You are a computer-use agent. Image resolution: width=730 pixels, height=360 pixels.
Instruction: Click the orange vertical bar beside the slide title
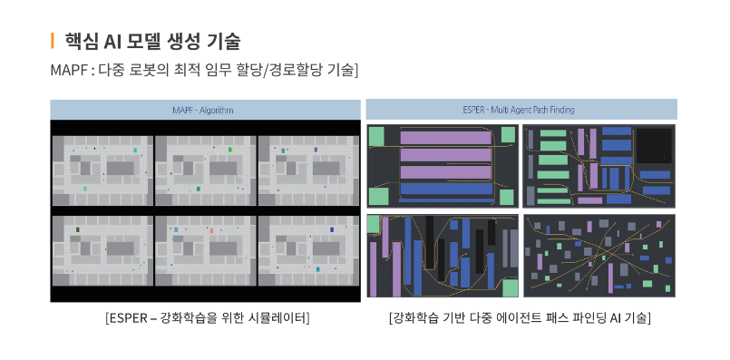53,40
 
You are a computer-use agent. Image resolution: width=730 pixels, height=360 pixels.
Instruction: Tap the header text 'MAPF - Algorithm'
202,110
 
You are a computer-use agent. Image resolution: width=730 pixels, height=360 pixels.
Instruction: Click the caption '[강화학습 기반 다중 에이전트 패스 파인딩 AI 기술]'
520,318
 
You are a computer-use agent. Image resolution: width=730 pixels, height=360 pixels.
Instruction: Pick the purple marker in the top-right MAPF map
315,150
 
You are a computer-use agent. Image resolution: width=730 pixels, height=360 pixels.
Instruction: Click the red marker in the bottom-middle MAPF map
210,231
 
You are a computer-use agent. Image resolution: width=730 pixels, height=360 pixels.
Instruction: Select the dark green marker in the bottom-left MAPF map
80,230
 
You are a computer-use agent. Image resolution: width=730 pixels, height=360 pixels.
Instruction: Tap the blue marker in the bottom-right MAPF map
332,230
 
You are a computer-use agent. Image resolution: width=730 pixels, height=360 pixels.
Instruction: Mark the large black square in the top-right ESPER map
654,144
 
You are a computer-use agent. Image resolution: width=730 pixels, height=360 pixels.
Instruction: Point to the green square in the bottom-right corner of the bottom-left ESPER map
510,287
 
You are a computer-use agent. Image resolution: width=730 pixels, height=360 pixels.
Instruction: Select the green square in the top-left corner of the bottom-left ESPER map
373,224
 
